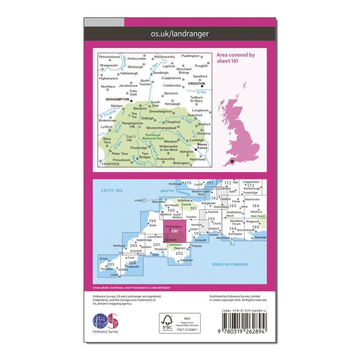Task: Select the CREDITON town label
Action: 196,83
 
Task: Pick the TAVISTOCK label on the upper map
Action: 110,164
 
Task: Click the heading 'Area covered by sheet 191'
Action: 236,58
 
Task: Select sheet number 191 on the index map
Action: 175,231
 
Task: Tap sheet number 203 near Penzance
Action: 111,264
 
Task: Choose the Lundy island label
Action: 139,200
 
